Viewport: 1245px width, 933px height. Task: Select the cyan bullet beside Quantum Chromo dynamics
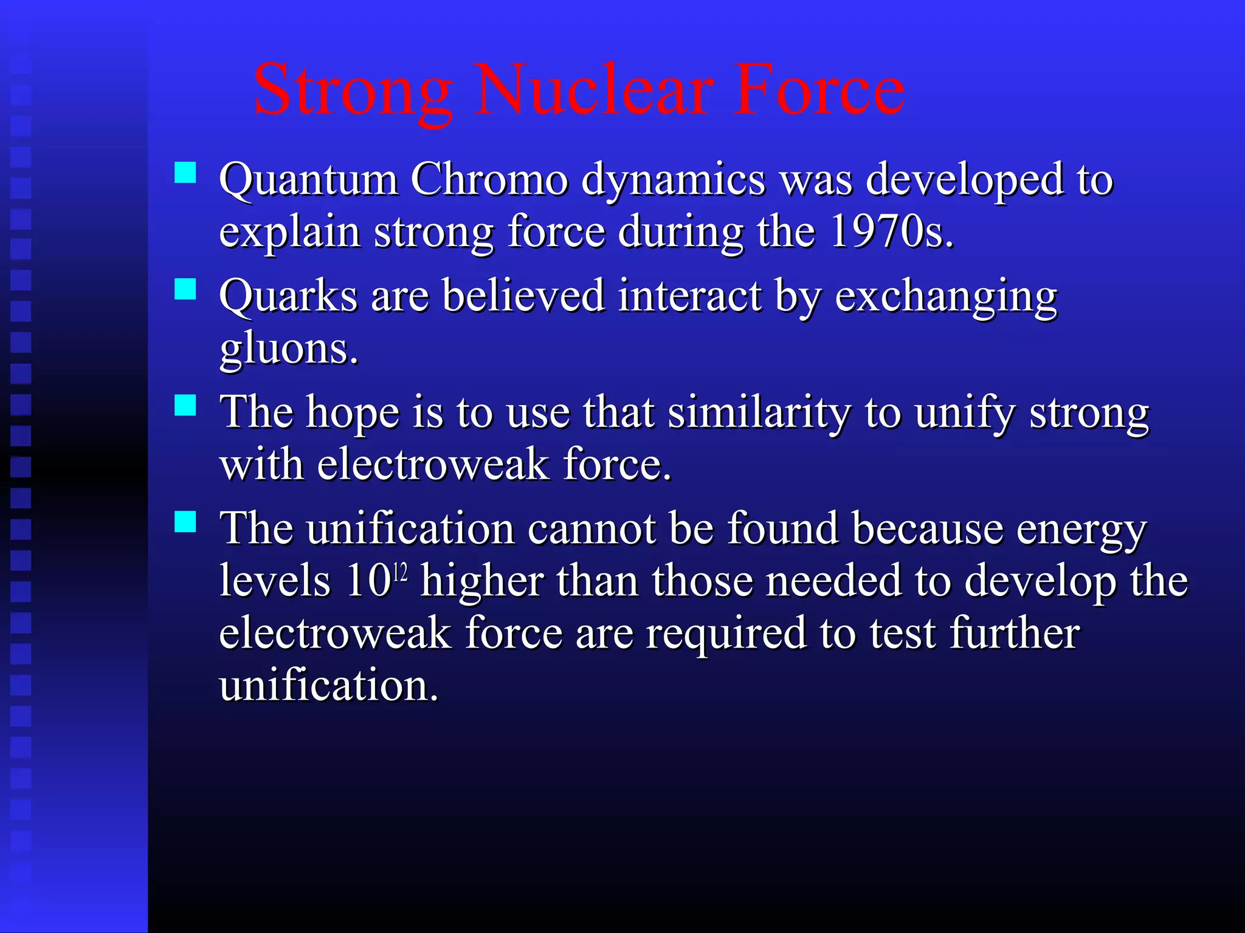coord(185,173)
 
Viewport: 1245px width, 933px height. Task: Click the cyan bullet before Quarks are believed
coord(185,289)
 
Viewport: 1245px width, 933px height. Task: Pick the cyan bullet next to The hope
coord(185,405)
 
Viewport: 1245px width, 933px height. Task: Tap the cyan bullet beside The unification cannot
coord(185,521)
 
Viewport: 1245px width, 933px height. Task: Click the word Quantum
coord(308,180)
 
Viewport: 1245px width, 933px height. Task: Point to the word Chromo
coord(489,180)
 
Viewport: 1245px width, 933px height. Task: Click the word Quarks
coord(288,296)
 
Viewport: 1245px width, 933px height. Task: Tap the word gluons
coord(288,349)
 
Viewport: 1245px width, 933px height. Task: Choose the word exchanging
coord(946,296)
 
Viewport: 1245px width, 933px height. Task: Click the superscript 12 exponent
coord(400,572)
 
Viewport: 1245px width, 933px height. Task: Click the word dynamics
coord(673,180)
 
